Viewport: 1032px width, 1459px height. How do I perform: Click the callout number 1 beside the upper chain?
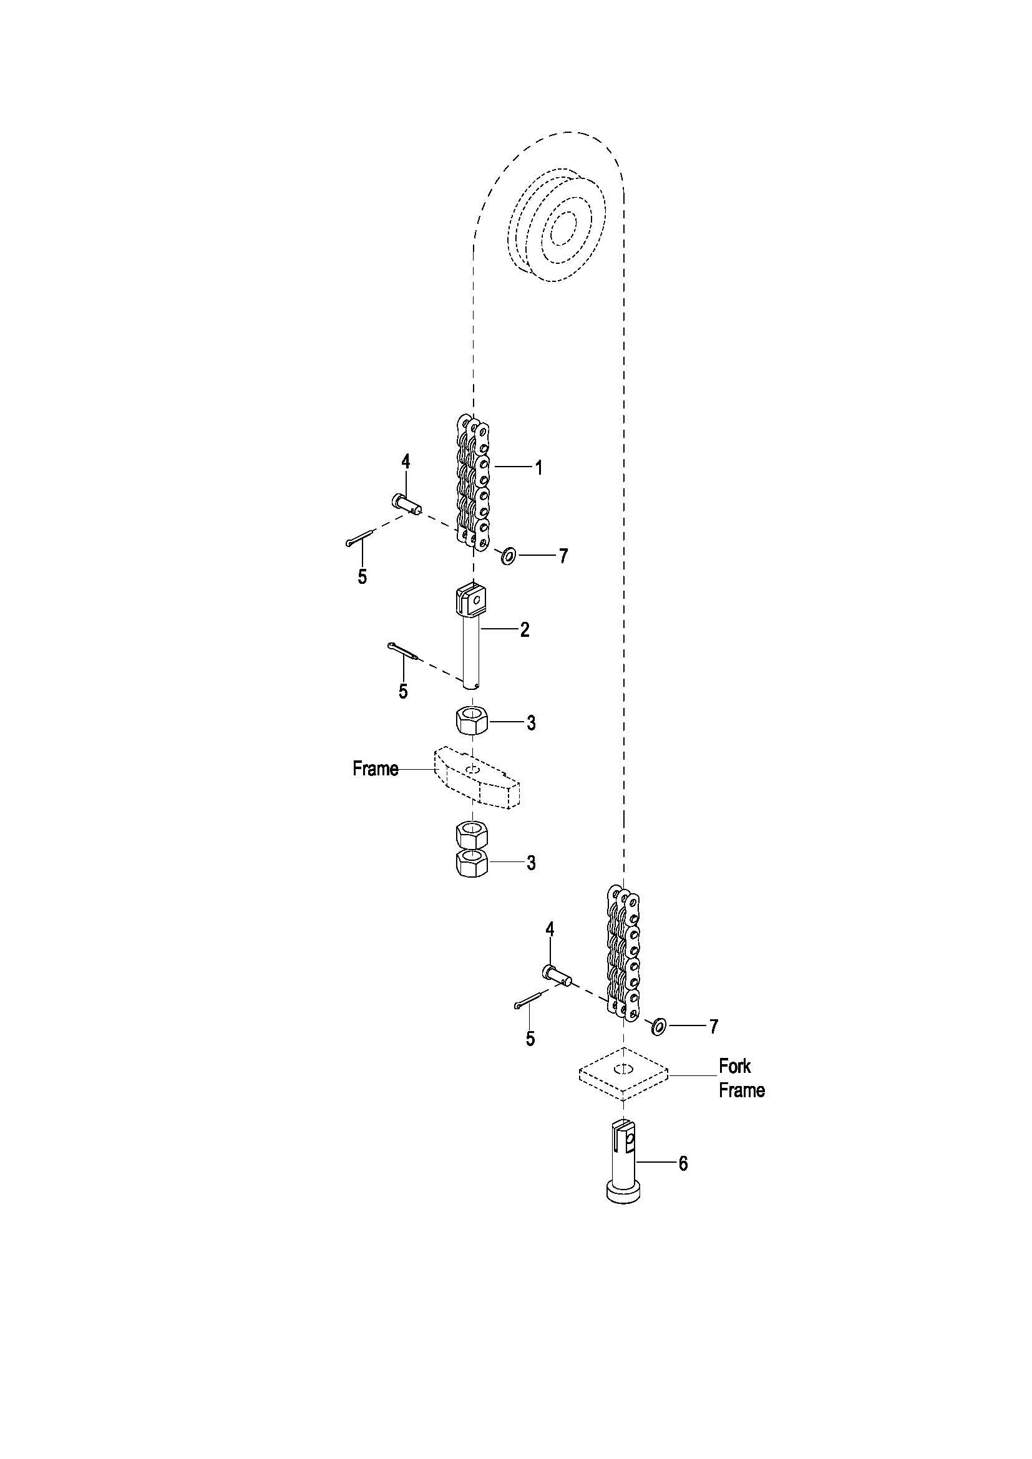point(538,468)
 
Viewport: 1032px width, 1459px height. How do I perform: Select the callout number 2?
point(525,630)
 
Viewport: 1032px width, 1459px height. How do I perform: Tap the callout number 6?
point(683,1163)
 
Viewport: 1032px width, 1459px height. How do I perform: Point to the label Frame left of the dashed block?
point(376,769)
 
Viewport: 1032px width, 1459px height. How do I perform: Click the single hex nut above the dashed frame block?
point(472,720)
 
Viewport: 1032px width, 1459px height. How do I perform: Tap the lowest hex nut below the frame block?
point(472,865)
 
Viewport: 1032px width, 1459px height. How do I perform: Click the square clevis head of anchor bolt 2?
point(472,601)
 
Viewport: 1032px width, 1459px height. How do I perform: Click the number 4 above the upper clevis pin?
point(406,462)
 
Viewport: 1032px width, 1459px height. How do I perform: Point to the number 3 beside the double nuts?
point(530,863)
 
